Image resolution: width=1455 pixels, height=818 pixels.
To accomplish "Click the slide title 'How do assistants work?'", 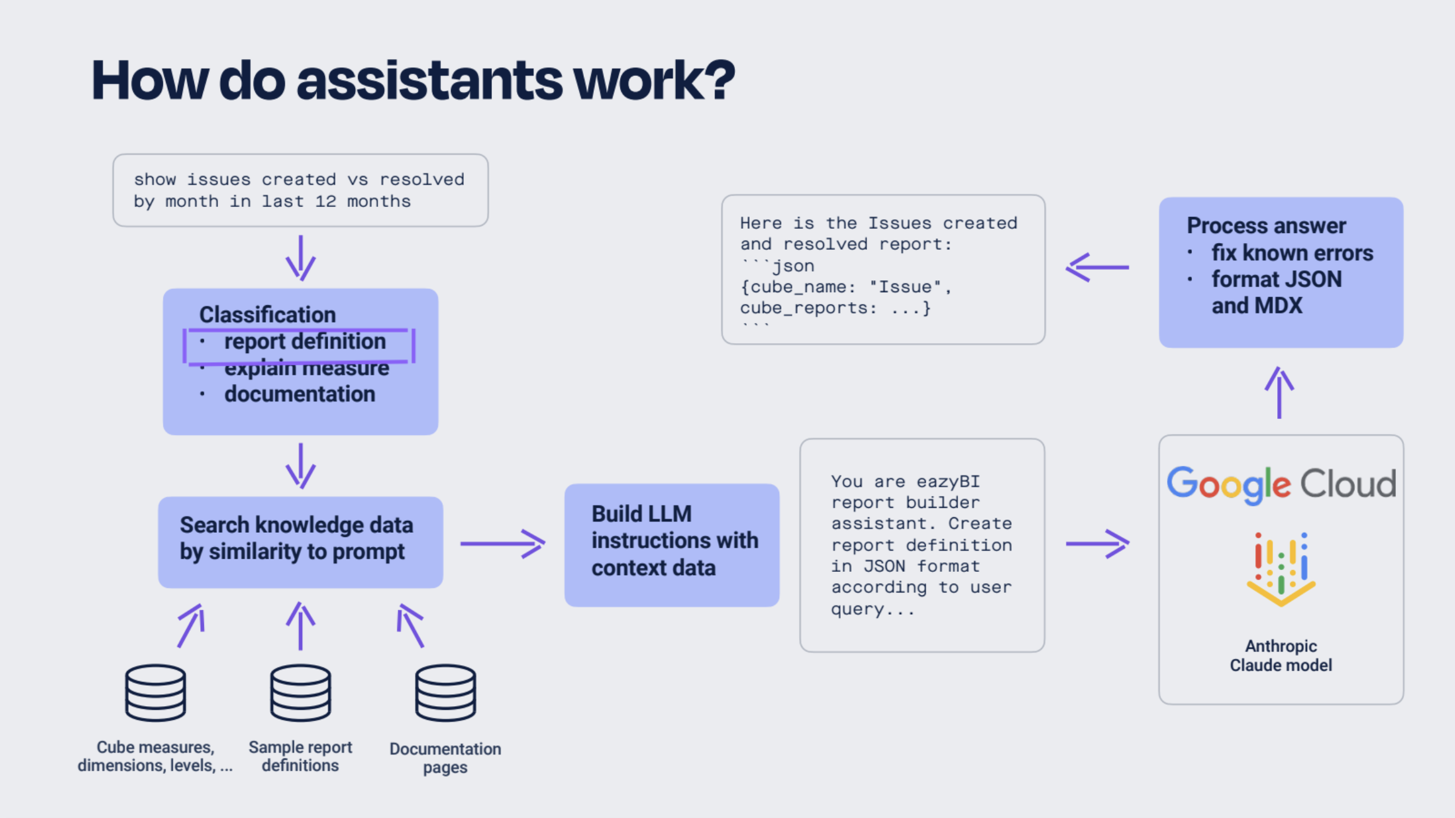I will pyautogui.click(x=413, y=81).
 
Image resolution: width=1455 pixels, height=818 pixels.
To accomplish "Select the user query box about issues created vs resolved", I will pyautogui.click(x=300, y=190).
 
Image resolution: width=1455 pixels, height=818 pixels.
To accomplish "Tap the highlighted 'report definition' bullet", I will pyautogui.click(x=304, y=342).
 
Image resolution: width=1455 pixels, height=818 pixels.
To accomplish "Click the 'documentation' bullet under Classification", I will pyautogui.click(x=299, y=394).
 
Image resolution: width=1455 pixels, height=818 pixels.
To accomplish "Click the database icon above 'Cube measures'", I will pyautogui.click(x=155, y=692).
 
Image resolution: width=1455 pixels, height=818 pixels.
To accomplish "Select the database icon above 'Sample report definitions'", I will pyautogui.click(x=300, y=692).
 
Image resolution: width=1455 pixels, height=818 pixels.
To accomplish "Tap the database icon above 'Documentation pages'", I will pyautogui.click(x=445, y=692).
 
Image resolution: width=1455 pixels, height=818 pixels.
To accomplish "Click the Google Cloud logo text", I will pyautogui.click(x=1281, y=484).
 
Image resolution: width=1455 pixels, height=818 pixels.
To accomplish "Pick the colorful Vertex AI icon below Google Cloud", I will pyautogui.click(x=1280, y=568).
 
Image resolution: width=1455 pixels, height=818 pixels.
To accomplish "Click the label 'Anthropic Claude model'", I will pyautogui.click(x=1280, y=656).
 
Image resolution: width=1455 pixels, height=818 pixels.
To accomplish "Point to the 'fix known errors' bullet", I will pyautogui.click(x=1291, y=253).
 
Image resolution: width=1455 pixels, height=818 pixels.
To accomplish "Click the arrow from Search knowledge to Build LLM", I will pyautogui.click(x=502, y=543).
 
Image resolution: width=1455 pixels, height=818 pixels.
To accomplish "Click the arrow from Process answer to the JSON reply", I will pyautogui.click(x=1097, y=267).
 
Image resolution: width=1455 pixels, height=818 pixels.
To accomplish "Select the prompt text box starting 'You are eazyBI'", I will pyautogui.click(x=921, y=545).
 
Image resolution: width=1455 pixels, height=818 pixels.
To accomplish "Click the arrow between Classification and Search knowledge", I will pyautogui.click(x=300, y=466).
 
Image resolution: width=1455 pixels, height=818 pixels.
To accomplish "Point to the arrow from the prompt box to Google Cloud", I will pyautogui.click(x=1097, y=543).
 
